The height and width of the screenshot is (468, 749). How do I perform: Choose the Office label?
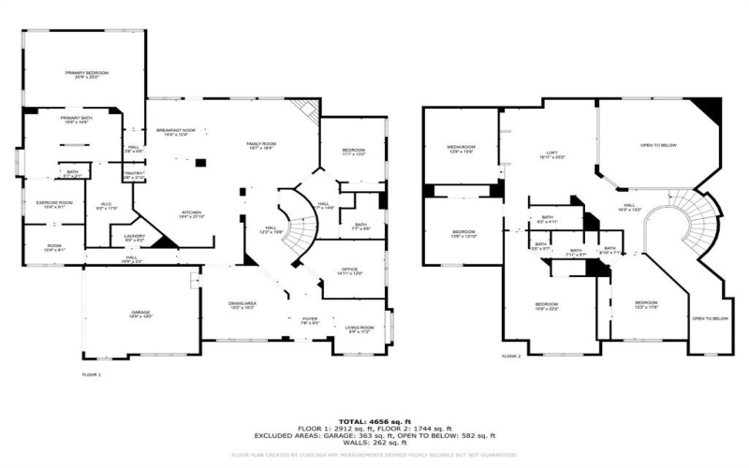coord(349,271)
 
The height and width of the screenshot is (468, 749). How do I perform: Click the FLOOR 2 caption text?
coord(511,357)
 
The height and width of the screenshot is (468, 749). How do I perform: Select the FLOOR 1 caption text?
coord(91,374)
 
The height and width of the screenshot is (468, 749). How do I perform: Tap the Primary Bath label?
coord(75,120)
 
